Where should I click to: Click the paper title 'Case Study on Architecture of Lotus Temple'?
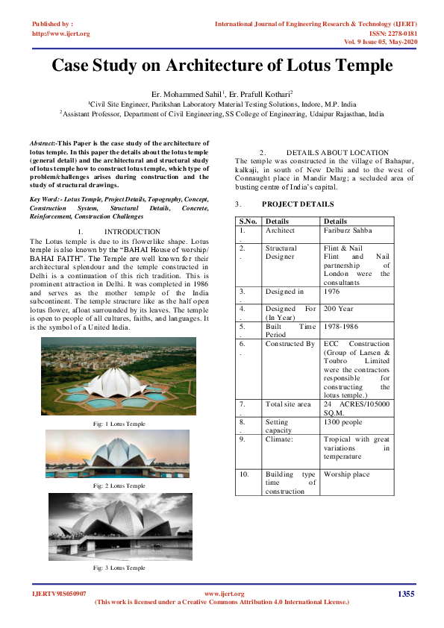pyautogui.click(x=222, y=65)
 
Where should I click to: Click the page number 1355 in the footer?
pyautogui.click(x=406, y=594)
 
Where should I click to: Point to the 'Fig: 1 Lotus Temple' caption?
pyautogui.click(x=119, y=424)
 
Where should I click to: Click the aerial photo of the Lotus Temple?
pyautogui.click(x=119, y=376)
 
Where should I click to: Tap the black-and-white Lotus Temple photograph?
pyautogui.click(x=119, y=527)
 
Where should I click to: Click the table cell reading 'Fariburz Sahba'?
pyautogui.click(x=348, y=230)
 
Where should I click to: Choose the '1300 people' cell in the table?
pyautogui.click(x=343, y=421)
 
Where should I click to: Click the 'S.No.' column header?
pyautogui.click(x=248, y=221)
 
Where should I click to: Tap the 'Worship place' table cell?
pyautogui.click(x=347, y=474)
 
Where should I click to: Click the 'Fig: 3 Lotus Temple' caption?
pyautogui.click(x=119, y=568)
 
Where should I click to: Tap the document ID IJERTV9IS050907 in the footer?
pyautogui.click(x=59, y=594)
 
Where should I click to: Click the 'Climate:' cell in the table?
pyautogui.click(x=279, y=439)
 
